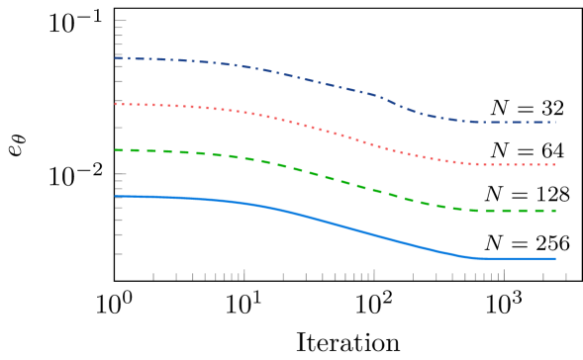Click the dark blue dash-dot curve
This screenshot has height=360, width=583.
(297, 76)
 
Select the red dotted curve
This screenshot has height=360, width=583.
(297, 123)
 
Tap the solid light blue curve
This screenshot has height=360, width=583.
(297, 214)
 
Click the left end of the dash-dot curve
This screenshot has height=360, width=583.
(116, 58)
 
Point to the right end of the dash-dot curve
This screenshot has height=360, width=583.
(555, 122)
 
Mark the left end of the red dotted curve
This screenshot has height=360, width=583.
(116, 104)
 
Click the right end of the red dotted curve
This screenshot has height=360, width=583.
(555, 164)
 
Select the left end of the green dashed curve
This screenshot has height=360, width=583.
(116, 150)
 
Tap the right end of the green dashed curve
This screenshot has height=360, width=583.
(555, 211)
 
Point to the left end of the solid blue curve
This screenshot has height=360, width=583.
(116, 196)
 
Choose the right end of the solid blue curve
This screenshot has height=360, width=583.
(555, 258)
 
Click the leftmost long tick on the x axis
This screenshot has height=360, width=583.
(244, 274)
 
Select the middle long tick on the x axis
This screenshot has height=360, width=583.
(374, 274)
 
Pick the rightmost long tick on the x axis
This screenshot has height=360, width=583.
(504, 274)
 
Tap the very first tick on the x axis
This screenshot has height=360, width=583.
(153, 276)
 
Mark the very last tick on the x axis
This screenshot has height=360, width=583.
(566, 276)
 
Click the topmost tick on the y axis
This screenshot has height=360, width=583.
(121, 21)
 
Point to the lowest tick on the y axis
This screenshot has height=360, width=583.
(119, 254)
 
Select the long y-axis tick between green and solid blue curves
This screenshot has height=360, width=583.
(121, 174)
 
